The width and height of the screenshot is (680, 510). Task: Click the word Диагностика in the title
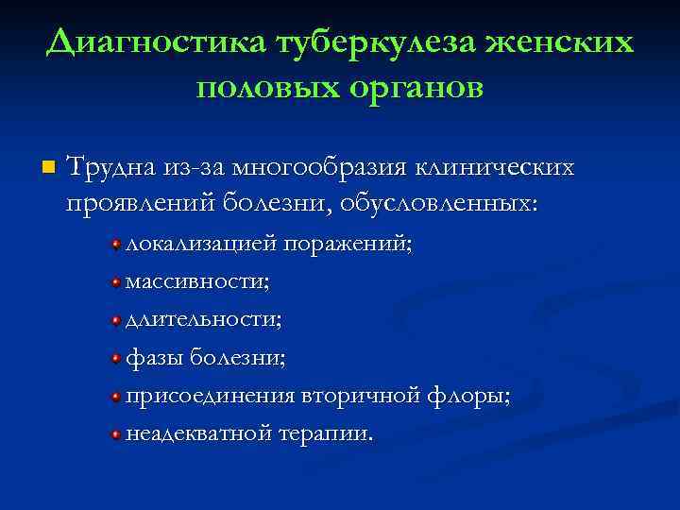(155, 42)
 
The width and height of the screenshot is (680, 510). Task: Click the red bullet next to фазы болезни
(115, 360)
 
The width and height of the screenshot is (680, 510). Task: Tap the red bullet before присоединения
(115, 398)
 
